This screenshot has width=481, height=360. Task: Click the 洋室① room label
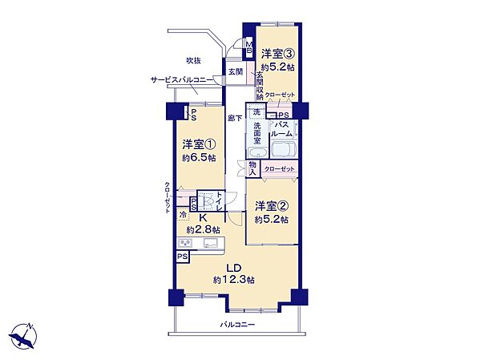coord(199,144)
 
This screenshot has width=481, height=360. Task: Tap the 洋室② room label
coord(272,206)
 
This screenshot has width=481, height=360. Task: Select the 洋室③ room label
coord(278,54)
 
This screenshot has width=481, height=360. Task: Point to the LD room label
coord(234,268)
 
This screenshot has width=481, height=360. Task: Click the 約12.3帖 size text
coord(234,280)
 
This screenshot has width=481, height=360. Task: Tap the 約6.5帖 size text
coord(199,158)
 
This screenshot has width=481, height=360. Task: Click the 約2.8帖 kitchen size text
coord(203,229)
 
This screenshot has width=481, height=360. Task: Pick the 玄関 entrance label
coord(235,71)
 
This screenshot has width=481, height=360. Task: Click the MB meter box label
coord(249,47)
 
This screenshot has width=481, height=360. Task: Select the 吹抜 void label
coord(194,60)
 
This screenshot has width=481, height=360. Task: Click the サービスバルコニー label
coord(182,80)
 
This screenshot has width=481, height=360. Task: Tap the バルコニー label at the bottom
coord(237,325)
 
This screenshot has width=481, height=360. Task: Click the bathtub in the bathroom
coord(284,150)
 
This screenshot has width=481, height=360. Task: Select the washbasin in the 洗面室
coord(257,152)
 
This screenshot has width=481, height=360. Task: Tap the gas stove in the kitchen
coord(185,243)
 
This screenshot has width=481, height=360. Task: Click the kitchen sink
coord(212,243)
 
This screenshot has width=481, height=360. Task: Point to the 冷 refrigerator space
coord(183,215)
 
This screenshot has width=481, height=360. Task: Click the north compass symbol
coord(23,336)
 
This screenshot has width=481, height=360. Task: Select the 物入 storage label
coord(253,168)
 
